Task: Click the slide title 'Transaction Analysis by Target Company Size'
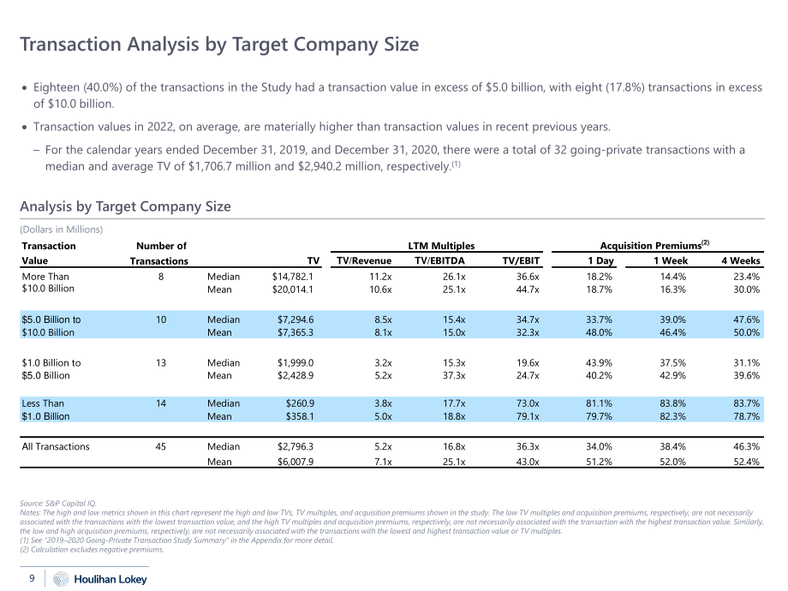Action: (x=219, y=45)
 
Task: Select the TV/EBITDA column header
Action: (x=439, y=260)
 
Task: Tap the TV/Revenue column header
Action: (x=364, y=260)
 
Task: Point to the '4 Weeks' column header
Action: (x=741, y=260)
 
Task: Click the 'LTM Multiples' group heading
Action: (x=441, y=246)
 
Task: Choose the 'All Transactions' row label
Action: (x=56, y=446)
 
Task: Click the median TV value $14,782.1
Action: (x=292, y=277)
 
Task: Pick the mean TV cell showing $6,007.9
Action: (x=295, y=462)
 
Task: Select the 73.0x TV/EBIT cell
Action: (x=528, y=403)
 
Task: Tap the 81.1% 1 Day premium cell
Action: (x=599, y=403)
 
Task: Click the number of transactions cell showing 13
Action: (x=161, y=362)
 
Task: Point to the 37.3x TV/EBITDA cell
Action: (x=454, y=375)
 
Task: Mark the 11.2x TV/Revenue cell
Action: (x=380, y=277)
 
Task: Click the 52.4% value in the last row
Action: (x=746, y=462)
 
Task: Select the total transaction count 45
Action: (x=161, y=446)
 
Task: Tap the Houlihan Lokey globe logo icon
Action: (x=61, y=579)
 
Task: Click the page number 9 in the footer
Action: (x=33, y=578)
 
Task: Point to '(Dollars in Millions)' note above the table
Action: (x=62, y=230)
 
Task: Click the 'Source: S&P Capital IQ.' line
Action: (x=57, y=503)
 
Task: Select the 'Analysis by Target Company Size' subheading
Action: (x=125, y=206)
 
